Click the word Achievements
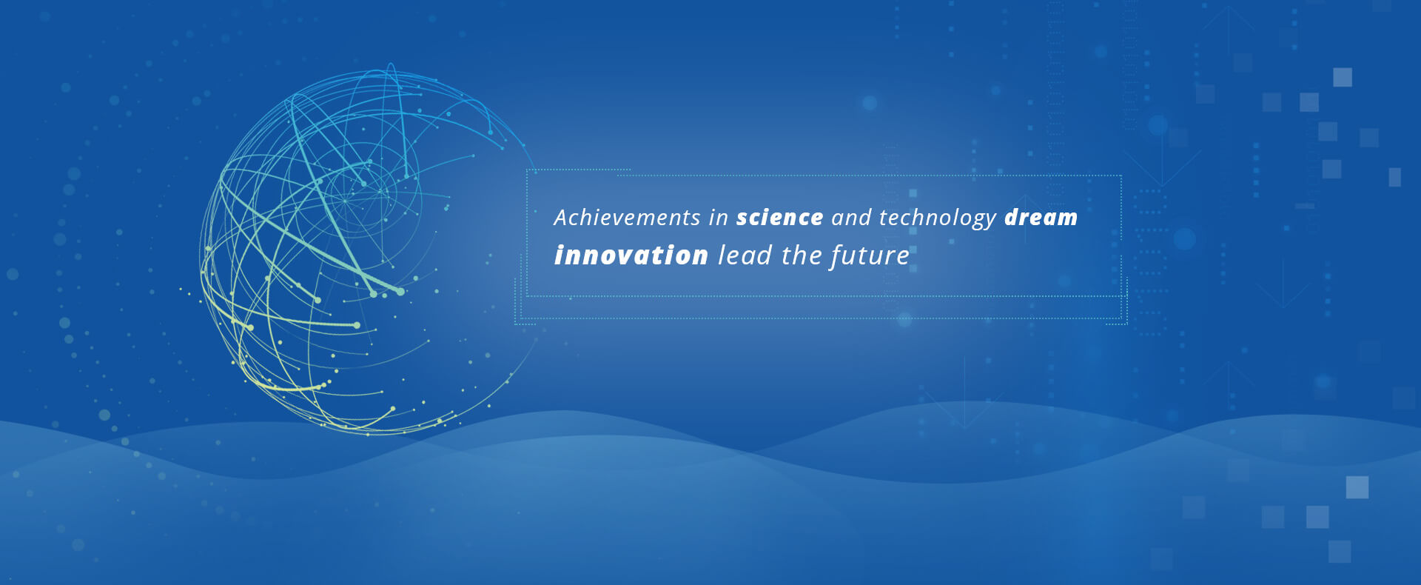pyautogui.click(x=627, y=217)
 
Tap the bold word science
pyautogui.click(x=779, y=217)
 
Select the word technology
pyautogui.click(x=938, y=218)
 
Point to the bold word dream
pyautogui.click(x=1041, y=217)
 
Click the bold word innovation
pyautogui.click(x=631, y=255)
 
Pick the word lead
pyautogui.click(x=745, y=255)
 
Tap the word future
pyautogui.click(x=870, y=256)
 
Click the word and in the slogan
pyautogui.click(x=851, y=217)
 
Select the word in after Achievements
pyautogui.click(x=719, y=217)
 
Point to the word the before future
pyautogui.click(x=802, y=255)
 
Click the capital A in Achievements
pyautogui.click(x=562, y=217)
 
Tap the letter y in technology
pyautogui.click(x=990, y=221)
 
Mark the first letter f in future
pyautogui.click(x=836, y=256)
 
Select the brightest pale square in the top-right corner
pyautogui.click(x=1343, y=77)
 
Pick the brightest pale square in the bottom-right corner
pyautogui.click(x=1357, y=487)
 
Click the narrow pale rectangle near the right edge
pyautogui.click(x=1395, y=177)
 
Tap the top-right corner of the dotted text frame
pyautogui.click(x=1122, y=175)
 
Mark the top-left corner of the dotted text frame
pyautogui.click(x=527, y=170)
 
